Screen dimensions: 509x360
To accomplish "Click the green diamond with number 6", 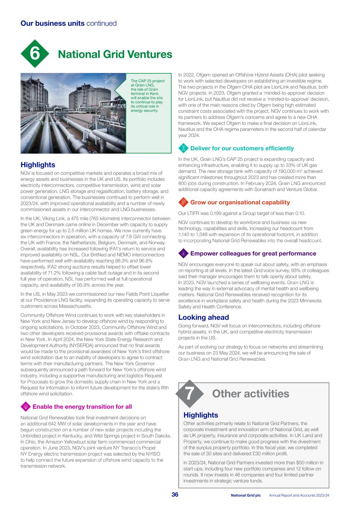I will click(x=35, y=54).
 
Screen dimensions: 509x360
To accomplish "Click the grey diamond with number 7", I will click(x=190, y=394).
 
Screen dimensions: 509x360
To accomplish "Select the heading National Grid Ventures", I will click(x=115, y=54).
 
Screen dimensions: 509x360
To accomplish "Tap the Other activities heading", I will click(x=250, y=394).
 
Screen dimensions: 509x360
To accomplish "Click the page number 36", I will click(x=175, y=495).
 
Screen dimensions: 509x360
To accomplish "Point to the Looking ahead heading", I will click(x=203, y=317).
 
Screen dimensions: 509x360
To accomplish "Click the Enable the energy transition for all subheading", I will click(x=82, y=406).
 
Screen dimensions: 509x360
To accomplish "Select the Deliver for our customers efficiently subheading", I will click(x=242, y=148).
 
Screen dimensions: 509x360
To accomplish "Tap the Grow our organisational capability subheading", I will click(x=240, y=202).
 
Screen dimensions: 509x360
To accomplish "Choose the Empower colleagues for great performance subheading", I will click(x=253, y=254).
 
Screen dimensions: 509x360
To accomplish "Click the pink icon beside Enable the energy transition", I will click(x=25, y=406).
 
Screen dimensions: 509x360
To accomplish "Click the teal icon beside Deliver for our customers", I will click(x=183, y=148).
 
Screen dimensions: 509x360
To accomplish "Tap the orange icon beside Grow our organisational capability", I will click(x=183, y=202).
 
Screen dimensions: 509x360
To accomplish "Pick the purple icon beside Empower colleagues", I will click(x=183, y=254).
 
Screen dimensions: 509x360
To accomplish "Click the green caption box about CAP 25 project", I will click(x=148, y=95).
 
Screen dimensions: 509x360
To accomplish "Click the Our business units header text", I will click(x=68, y=23).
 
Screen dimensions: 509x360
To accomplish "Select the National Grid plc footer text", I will click(x=245, y=495).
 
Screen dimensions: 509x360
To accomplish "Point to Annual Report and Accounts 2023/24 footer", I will click(x=299, y=495).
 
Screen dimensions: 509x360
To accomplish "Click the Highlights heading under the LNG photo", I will click(x=38, y=165).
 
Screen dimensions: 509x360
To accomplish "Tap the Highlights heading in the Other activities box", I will click(x=201, y=415).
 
